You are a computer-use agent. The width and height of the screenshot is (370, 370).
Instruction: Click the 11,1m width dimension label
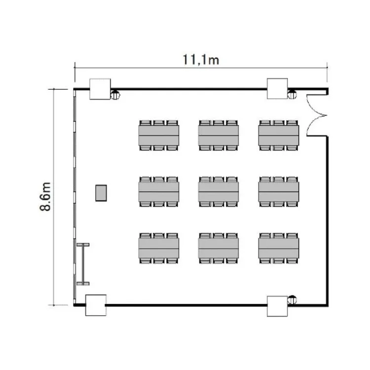tap(201, 60)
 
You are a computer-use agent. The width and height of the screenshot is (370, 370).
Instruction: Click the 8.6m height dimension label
tap(45, 196)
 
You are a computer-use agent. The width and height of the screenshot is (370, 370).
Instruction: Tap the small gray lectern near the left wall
tap(101, 193)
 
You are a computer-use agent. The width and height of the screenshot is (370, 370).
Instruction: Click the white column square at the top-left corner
tap(100, 89)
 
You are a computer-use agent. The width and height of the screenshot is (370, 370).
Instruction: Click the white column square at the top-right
tap(277, 88)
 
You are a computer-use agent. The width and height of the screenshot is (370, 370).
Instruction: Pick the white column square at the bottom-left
tap(96, 305)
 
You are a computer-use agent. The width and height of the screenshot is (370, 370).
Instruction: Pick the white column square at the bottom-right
tap(277, 306)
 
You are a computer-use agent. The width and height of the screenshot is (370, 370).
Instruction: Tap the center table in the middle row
tap(219, 192)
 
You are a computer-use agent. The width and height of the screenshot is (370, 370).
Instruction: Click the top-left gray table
tap(158, 136)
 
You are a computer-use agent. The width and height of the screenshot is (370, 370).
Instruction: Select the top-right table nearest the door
tap(279, 136)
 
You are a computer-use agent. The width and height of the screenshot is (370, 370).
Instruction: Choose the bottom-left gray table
tap(158, 248)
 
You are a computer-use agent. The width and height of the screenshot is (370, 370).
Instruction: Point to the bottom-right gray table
tap(279, 248)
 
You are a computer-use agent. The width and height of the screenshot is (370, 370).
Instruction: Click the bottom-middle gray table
tap(219, 248)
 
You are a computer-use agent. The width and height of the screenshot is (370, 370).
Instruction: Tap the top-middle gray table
tap(219, 136)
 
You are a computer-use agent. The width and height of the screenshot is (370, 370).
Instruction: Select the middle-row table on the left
tap(158, 192)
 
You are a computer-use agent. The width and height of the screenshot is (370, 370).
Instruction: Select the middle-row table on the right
tap(279, 192)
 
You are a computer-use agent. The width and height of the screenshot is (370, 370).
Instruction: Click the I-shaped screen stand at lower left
tap(83, 264)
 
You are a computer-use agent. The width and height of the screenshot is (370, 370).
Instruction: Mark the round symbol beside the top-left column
tap(115, 95)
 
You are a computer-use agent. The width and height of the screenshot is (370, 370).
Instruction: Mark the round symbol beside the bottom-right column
tap(292, 299)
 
